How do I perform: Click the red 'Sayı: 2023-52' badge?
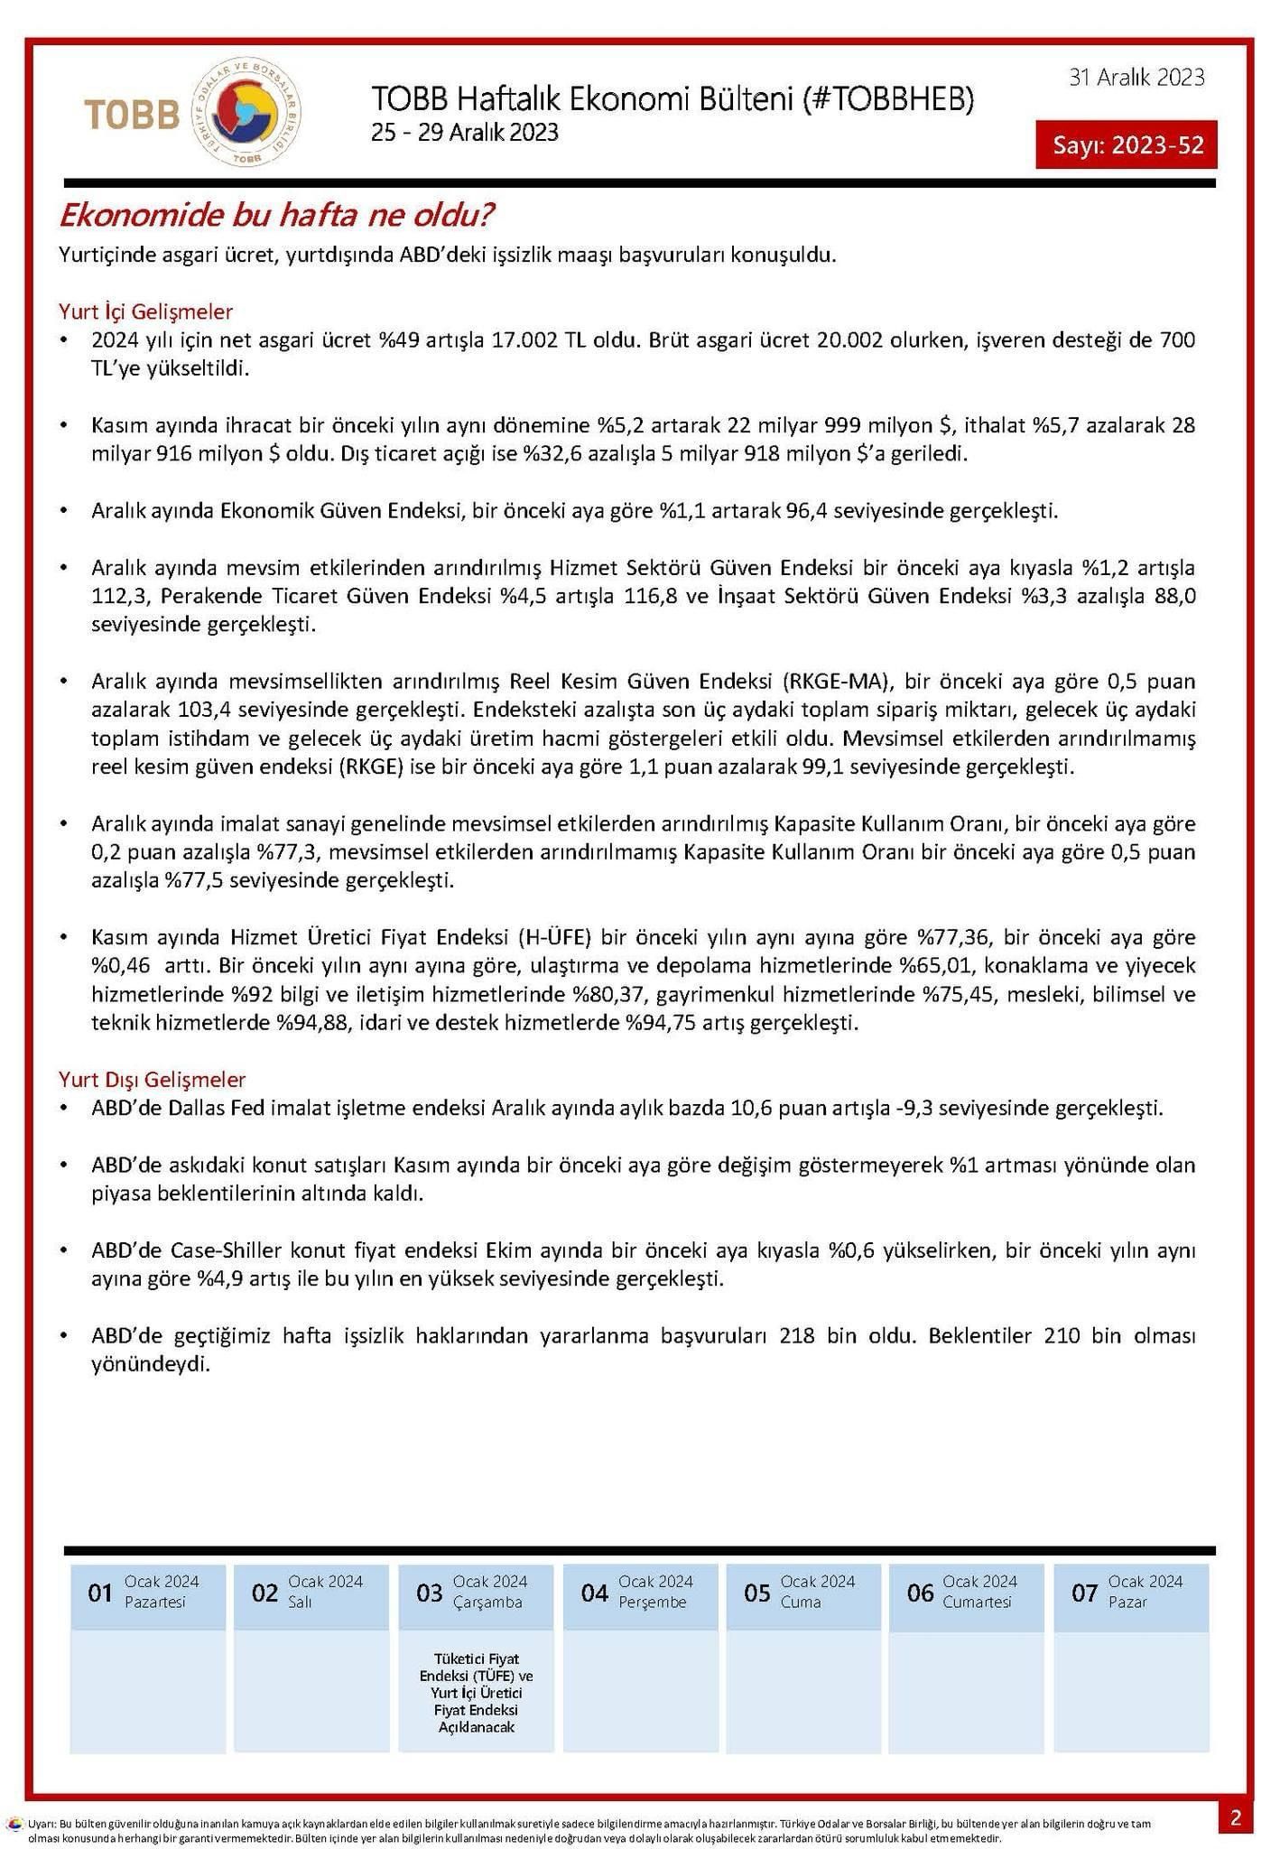1126,144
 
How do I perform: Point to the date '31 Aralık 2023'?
1136,78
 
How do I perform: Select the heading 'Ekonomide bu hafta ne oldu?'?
276,216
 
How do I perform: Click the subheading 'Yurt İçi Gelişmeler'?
145,311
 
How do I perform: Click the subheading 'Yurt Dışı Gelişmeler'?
152,1079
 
